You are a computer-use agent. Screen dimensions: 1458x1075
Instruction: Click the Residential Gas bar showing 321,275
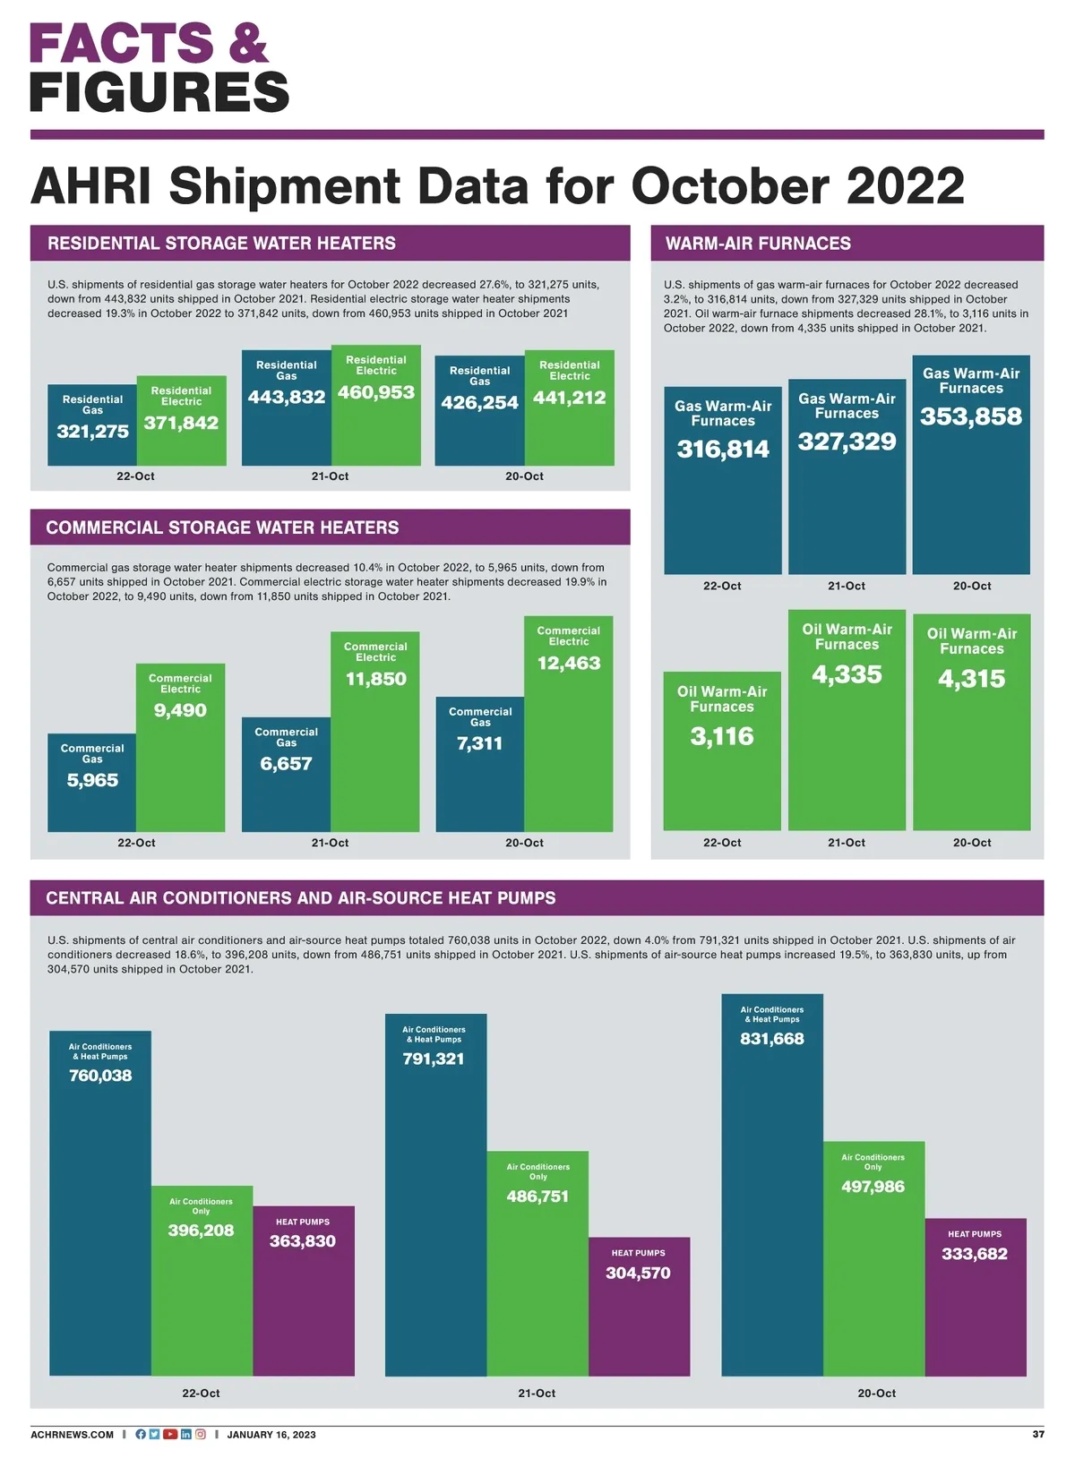tap(92, 425)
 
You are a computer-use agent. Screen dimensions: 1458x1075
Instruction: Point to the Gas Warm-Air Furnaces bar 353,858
tap(971, 465)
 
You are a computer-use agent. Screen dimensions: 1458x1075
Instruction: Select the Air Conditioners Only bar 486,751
tap(537, 1263)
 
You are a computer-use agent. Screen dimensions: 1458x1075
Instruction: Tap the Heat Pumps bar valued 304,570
tap(639, 1307)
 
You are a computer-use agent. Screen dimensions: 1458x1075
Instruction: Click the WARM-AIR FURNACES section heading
tap(758, 244)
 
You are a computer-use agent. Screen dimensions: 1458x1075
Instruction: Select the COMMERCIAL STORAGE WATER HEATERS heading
tap(222, 527)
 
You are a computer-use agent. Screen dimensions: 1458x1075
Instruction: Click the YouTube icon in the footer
tap(170, 1434)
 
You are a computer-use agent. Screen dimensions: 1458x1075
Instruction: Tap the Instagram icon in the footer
tap(201, 1434)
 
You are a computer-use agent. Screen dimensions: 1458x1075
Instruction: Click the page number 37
tap(1037, 1434)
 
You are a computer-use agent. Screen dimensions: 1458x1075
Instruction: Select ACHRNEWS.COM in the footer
tap(73, 1435)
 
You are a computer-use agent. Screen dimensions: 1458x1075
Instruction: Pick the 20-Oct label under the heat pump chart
tap(876, 1394)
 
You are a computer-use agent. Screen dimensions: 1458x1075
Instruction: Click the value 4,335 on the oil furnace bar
tap(847, 674)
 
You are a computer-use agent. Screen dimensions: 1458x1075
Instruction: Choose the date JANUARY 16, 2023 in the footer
tap(271, 1435)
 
